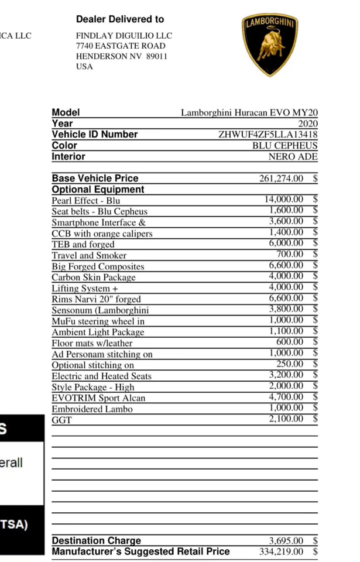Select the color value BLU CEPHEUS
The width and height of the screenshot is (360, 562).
point(284,145)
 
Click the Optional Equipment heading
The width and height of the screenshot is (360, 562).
point(98,190)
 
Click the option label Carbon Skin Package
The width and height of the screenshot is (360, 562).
point(94,277)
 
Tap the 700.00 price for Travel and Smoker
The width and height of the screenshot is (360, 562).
point(290,255)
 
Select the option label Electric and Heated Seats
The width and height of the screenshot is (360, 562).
point(101,376)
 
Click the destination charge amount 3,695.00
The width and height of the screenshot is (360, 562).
point(286,540)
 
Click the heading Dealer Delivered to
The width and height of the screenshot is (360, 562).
point(120,19)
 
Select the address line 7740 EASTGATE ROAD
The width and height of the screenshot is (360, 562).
point(121,46)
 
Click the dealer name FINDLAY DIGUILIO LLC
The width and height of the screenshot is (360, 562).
point(124,35)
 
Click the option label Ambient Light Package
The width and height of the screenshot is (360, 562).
point(98,332)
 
